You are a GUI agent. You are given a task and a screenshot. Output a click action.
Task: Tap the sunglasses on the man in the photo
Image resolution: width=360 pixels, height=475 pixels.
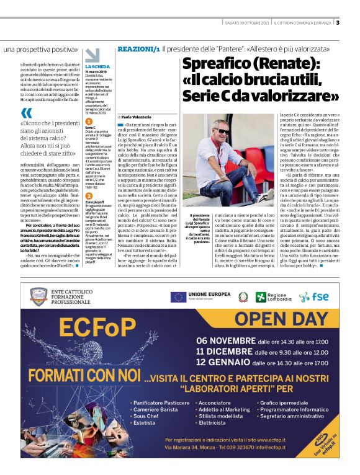[x=222, y=131]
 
